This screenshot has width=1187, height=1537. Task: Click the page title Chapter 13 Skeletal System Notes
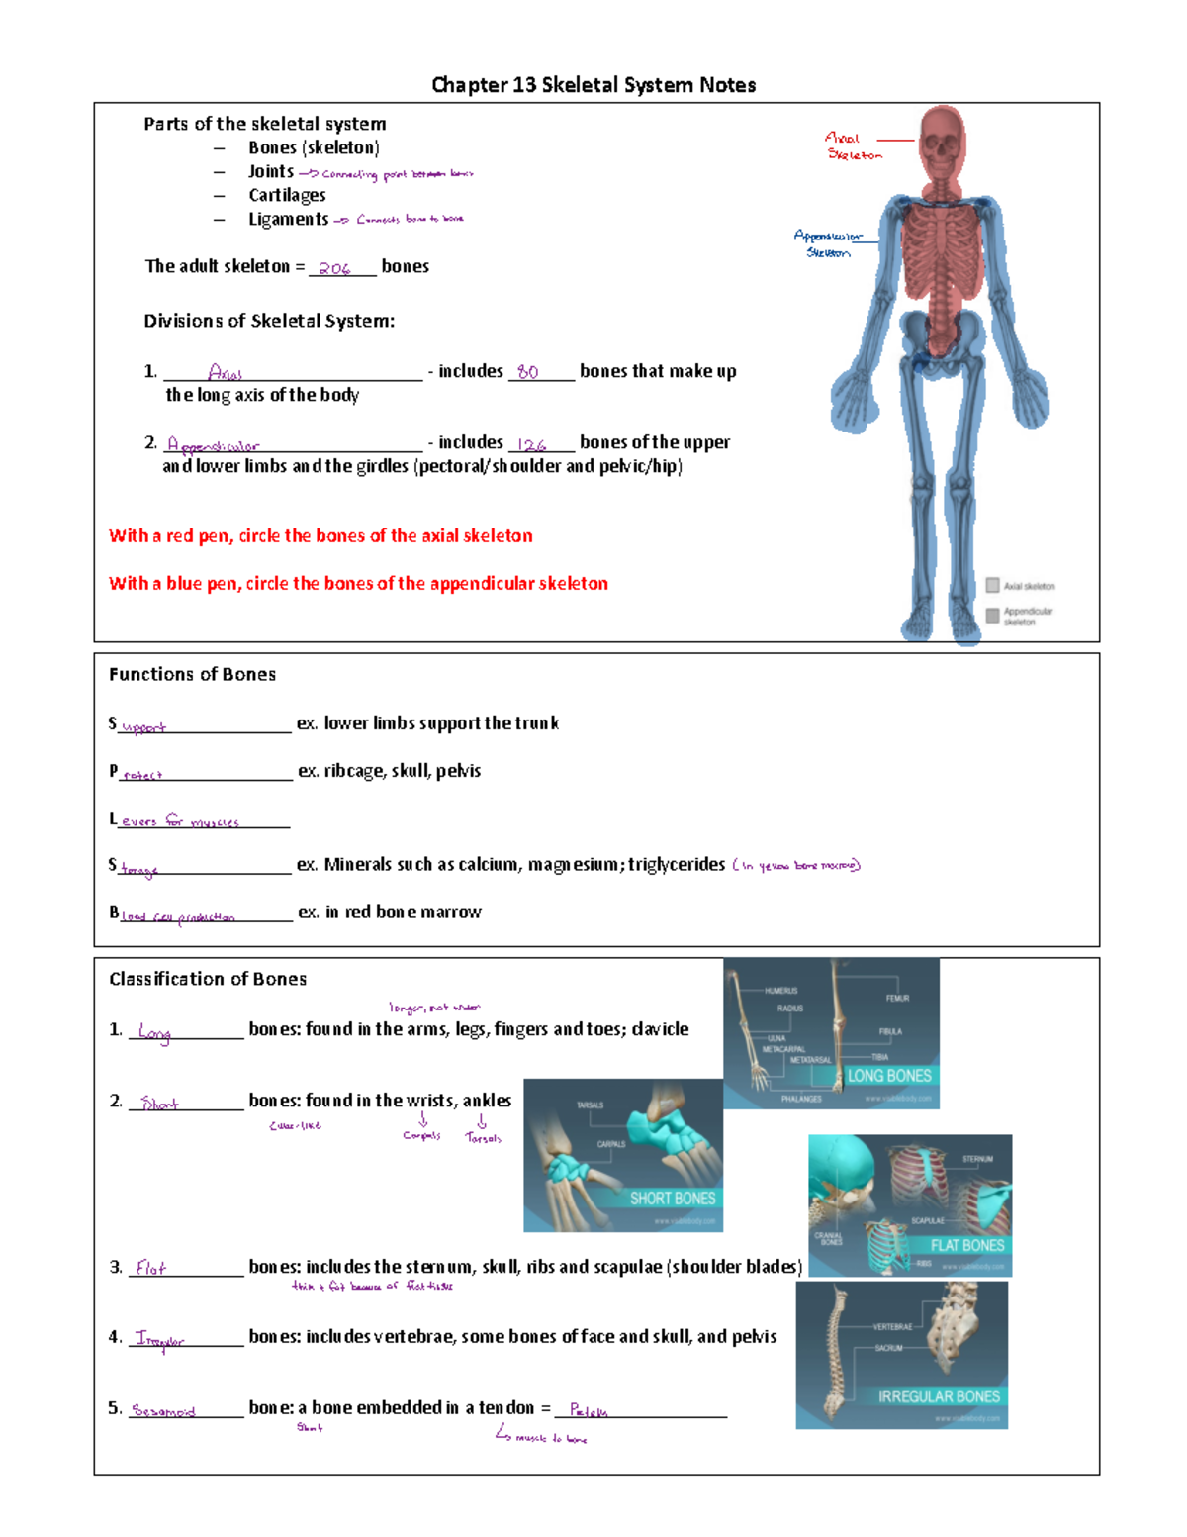pyautogui.click(x=593, y=85)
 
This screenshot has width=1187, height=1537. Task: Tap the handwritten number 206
pyautogui.click(x=334, y=268)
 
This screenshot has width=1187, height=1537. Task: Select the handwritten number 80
pyautogui.click(x=528, y=372)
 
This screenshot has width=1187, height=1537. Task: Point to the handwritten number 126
pyautogui.click(x=532, y=445)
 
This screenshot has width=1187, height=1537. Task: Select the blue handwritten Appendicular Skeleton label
pyautogui.click(x=827, y=243)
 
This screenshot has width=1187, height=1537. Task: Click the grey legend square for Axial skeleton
pyautogui.click(x=992, y=585)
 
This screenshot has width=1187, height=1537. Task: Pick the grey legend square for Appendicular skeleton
pyautogui.click(x=992, y=616)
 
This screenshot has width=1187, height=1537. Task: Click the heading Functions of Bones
pyautogui.click(x=192, y=674)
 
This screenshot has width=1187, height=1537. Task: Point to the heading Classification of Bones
pyautogui.click(x=208, y=979)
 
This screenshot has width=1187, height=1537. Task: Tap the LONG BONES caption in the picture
pyautogui.click(x=889, y=1075)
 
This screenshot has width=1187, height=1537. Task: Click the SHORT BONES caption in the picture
pyautogui.click(x=672, y=1198)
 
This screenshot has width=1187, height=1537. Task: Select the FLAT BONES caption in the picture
pyautogui.click(x=966, y=1245)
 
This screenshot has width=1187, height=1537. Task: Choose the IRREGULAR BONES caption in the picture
pyautogui.click(x=939, y=1395)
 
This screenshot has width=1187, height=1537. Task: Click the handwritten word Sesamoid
pyautogui.click(x=163, y=1410)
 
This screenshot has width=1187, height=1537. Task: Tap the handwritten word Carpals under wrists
pyautogui.click(x=421, y=1135)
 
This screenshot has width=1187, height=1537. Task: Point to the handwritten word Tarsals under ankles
pyautogui.click(x=483, y=1138)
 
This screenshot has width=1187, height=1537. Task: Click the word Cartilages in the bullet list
pyautogui.click(x=287, y=195)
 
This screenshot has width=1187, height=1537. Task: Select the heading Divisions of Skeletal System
pyautogui.click(x=269, y=321)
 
